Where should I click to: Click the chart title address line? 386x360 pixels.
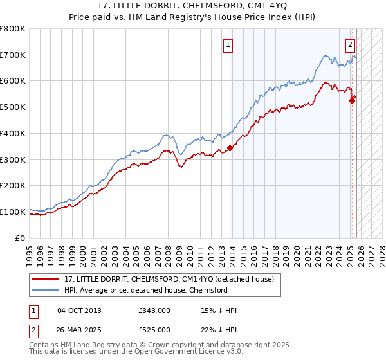click(192, 6)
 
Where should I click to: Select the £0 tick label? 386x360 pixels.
click(21, 238)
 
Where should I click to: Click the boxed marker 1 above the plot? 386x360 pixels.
click(229, 44)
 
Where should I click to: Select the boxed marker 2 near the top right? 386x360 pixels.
click(350, 44)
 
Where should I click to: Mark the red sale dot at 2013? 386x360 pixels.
click(230, 148)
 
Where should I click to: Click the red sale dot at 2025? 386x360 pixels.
click(352, 100)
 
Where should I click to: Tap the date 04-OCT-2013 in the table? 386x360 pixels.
click(79, 310)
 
